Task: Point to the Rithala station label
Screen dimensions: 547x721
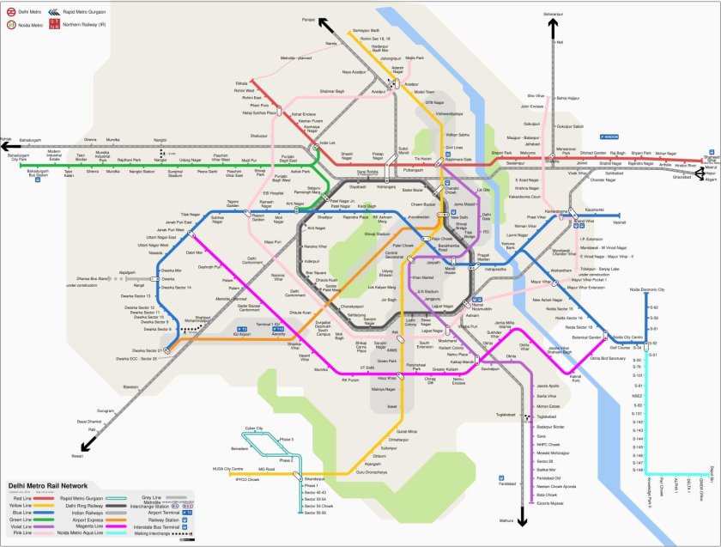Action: tap(241, 84)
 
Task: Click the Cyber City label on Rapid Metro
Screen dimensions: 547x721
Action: tap(253, 428)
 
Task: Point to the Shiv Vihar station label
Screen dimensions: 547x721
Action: tap(536, 96)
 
